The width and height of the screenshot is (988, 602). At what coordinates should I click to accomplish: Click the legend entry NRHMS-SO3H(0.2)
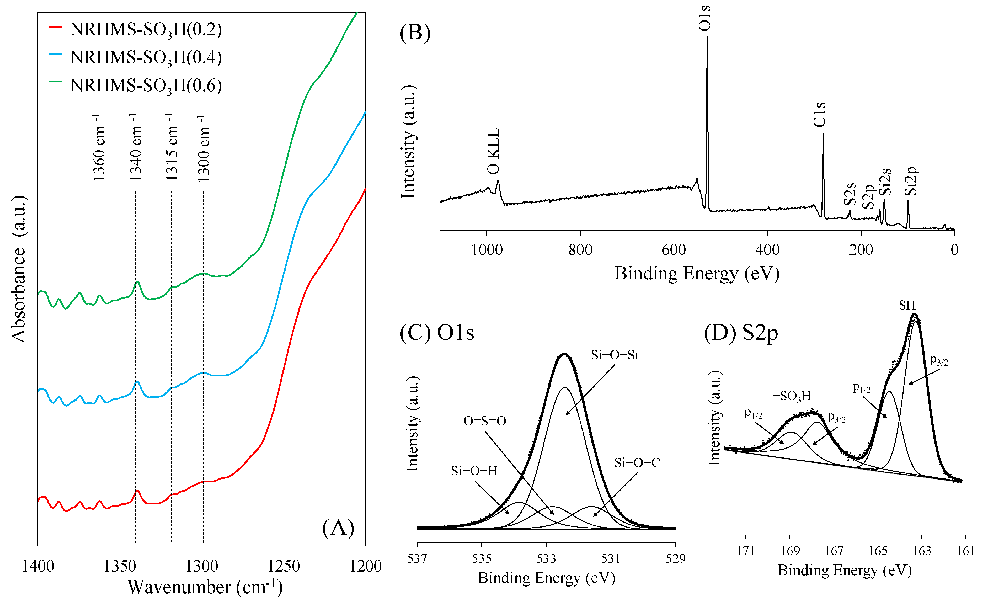146,30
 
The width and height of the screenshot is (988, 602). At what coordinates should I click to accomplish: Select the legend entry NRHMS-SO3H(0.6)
146,86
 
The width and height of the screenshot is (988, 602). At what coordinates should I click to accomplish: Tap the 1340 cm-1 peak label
136,147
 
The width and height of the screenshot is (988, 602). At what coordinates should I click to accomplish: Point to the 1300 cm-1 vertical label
203,148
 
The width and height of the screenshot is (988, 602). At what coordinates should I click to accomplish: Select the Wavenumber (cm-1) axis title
205,587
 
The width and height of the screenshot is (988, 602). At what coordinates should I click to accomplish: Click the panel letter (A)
338,528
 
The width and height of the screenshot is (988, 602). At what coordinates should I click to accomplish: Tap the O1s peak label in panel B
704,18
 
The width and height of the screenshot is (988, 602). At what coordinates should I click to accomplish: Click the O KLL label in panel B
493,152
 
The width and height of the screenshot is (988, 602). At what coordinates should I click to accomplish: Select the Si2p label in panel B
911,181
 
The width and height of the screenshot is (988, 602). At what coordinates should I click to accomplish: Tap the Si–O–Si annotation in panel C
614,355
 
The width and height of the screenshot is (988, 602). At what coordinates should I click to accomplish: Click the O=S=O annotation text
484,421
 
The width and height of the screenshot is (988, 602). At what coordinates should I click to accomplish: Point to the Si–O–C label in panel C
637,463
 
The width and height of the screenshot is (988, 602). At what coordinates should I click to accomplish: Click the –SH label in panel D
903,306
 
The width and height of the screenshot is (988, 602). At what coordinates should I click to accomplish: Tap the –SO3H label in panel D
792,396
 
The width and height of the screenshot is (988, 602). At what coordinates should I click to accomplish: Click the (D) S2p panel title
741,333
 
